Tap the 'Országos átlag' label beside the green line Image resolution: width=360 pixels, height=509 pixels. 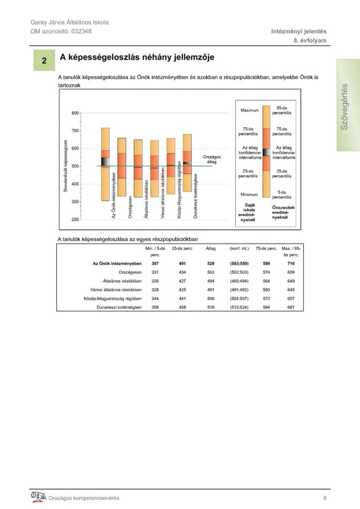point(212,159)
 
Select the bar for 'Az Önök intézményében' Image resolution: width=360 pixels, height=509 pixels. point(105,164)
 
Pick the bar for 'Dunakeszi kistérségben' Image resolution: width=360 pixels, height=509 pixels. point(187,163)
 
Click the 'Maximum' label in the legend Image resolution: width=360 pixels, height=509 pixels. point(250,110)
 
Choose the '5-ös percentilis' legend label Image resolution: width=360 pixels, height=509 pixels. point(282,194)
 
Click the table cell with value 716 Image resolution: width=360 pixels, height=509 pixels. point(291,263)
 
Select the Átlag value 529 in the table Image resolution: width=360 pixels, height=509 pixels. point(211,263)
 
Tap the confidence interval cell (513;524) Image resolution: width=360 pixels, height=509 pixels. point(239,307)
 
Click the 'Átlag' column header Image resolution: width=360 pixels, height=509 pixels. point(211,249)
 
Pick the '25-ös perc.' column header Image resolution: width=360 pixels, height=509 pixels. point(182,249)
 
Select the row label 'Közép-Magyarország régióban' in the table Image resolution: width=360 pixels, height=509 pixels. point(113,298)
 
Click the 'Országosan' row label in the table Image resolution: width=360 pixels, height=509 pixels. point(130,272)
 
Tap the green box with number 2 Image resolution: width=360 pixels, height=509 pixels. point(44,60)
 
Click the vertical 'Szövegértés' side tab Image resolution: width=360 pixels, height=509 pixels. point(348,105)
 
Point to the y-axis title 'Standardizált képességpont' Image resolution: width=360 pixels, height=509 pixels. point(65,166)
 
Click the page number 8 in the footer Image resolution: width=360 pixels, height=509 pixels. point(325,498)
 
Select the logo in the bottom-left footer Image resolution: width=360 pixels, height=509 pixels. point(38,497)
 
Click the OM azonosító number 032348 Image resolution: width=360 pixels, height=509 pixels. point(82,31)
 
